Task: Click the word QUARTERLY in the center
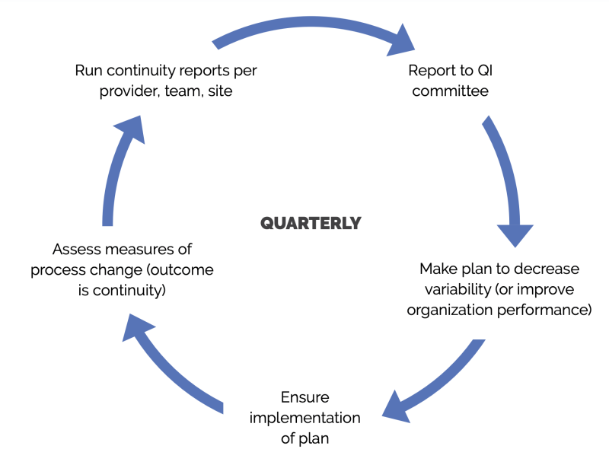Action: point(311,223)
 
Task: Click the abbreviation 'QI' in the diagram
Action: point(485,71)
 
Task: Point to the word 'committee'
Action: point(450,91)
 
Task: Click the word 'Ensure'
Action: point(305,397)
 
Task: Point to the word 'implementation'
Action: point(305,418)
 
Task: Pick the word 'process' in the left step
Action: point(56,270)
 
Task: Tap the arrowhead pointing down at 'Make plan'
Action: point(515,235)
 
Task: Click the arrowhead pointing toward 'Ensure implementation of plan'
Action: point(396,408)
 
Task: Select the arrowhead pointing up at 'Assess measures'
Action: point(138,328)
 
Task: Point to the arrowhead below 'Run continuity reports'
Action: point(131,129)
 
